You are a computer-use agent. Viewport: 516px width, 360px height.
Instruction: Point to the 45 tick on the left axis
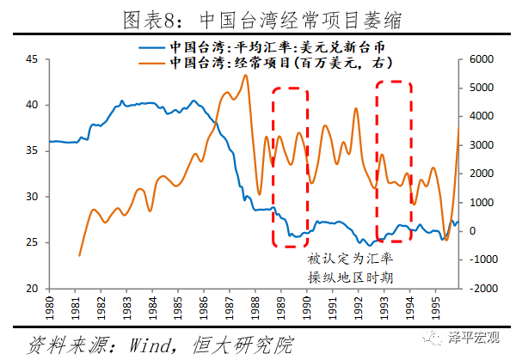coord(32,58)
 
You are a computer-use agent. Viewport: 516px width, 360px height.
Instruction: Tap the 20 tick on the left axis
coord(32,289)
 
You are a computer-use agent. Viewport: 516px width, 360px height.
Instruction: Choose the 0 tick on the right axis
coord(471,231)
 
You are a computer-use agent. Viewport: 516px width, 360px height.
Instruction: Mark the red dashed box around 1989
coord(290,167)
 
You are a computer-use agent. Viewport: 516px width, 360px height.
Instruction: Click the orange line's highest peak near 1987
coord(246,75)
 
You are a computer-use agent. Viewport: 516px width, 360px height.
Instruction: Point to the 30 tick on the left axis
coord(32,197)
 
